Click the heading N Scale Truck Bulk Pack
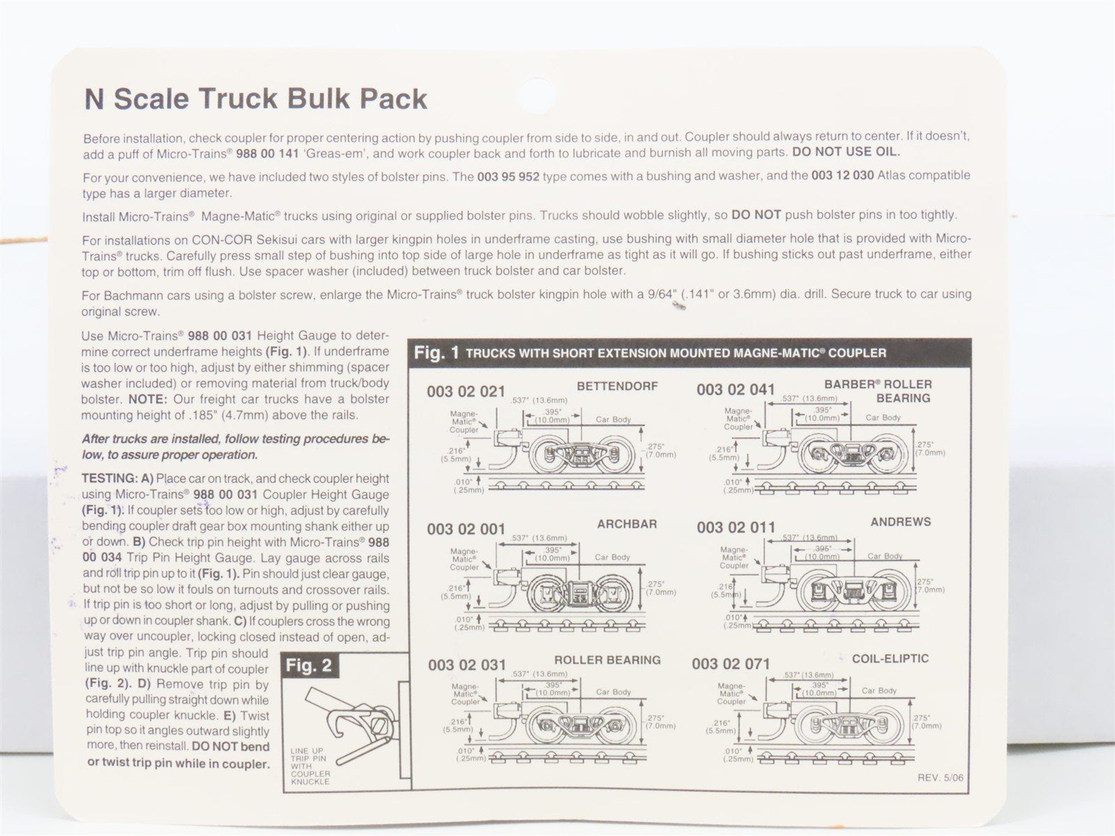(256, 99)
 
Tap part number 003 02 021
(466, 392)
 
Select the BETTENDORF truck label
(617, 386)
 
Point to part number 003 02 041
(735, 389)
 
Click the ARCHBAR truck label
(626, 524)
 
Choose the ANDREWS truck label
(900, 522)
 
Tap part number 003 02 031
(467, 665)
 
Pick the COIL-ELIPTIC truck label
(891, 658)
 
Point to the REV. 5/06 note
(940, 777)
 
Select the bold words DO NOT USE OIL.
(846, 151)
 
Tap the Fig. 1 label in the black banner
(436, 353)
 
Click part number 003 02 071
(731, 663)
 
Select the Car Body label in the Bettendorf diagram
(613, 419)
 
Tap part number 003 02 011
(736, 527)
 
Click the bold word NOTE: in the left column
(147, 399)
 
